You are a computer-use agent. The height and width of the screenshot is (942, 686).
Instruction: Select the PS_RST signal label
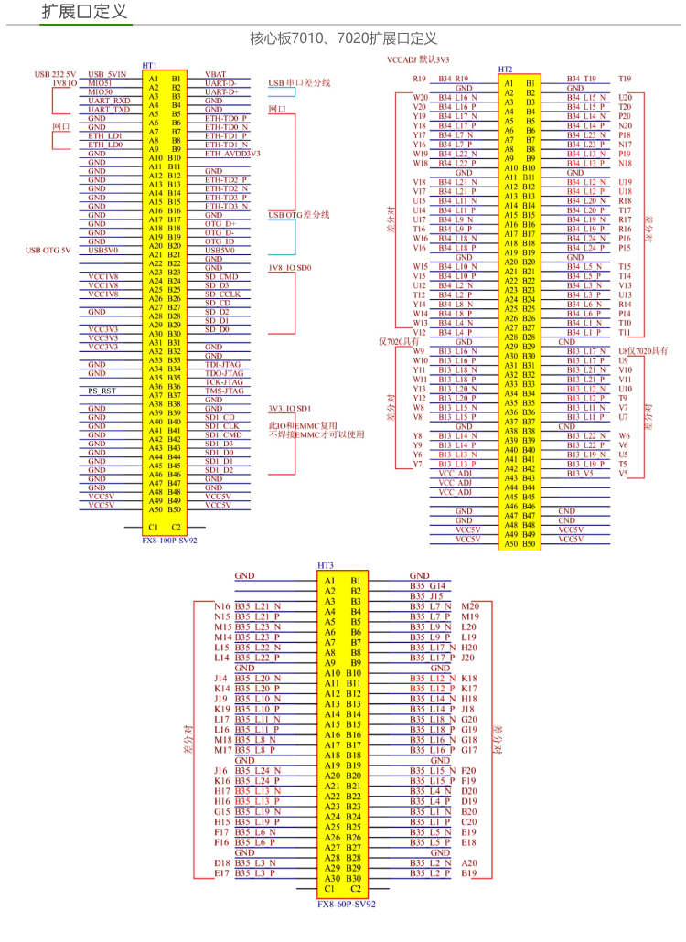click(x=102, y=391)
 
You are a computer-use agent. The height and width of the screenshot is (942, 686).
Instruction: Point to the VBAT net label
click(x=216, y=74)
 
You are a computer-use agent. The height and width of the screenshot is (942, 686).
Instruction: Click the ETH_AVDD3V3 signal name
click(x=232, y=154)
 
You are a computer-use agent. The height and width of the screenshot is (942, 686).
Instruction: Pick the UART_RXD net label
click(x=109, y=101)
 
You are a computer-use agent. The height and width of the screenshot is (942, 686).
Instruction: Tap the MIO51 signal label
click(x=100, y=83)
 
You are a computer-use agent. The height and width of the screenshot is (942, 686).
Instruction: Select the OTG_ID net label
click(x=220, y=241)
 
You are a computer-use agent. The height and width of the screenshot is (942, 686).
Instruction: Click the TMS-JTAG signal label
click(x=224, y=391)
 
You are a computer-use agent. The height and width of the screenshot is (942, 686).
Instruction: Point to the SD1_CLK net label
click(x=221, y=426)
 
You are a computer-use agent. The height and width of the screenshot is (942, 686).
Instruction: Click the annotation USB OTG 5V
click(x=47, y=250)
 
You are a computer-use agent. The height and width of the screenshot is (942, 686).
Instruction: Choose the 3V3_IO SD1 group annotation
click(x=290, y=409)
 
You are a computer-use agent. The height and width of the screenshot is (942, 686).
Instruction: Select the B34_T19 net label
click(x=581, y=79)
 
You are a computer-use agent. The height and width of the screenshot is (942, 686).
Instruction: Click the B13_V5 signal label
click(x=579, y=474)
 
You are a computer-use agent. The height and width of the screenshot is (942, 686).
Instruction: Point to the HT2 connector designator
click(x=505, y=70)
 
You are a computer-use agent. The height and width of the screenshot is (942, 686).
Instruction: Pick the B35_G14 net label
click(x=427, y=585)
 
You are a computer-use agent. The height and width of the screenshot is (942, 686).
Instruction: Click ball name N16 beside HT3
click(x=222, y=606)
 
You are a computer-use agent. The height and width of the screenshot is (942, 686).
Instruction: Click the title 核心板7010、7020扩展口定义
click(x=343, y=39)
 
